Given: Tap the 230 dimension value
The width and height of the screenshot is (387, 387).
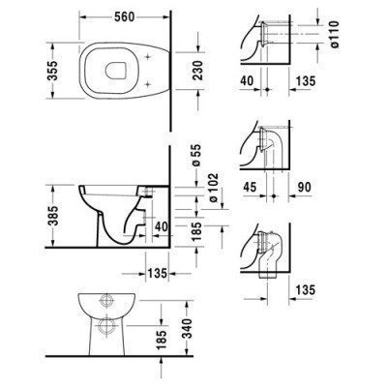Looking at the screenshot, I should pyautogui.click(x=195, y=74).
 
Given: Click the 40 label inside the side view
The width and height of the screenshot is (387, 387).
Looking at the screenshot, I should pyautogui.click(x=160, y=226).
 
